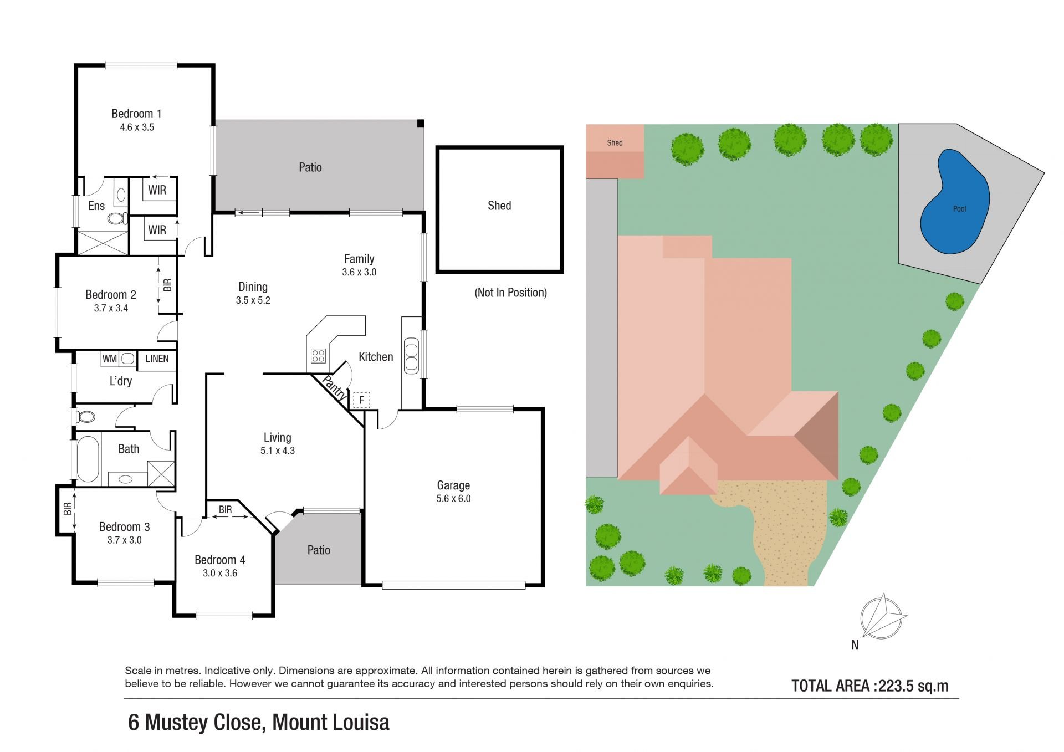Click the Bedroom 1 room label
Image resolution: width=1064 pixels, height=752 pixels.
pyautogui.click(x=136, y=114)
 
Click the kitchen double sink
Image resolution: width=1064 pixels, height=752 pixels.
pyautogui.click(x=411, y=356)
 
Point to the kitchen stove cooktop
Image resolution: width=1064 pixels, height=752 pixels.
pyautogui.click(x=318, y=356)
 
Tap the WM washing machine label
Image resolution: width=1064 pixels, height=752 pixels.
pyautogui.click(x=109, y=359)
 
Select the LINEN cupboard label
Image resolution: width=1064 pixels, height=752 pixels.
pyautogui.click(x=157, y=359)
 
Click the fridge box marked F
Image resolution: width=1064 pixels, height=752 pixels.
pyautogui.click(x=361, y=400)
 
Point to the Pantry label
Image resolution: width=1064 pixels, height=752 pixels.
pyautogui.click(x=334, y=388)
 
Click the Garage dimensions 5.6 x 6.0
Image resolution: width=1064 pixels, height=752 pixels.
pyautogui.click(x=453, y=498)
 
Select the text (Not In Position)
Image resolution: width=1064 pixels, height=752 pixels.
pyautogui.click(x=510, y=293)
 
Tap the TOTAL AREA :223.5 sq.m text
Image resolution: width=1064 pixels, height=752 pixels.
pyautogui.click(x=869, y=686)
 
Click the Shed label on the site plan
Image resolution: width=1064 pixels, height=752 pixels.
pyautogui.click(x=615, y=142)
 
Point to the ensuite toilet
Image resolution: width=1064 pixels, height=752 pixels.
pyautogui.click(x=117, y=218)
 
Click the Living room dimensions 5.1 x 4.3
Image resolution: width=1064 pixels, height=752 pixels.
pyautogui.click(x=278, y=451)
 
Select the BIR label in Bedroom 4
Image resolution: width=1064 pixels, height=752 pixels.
pyautogui.click(x=225, y=509)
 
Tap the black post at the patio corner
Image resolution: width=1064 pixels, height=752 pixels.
pyautogui.click(x=421, y=123)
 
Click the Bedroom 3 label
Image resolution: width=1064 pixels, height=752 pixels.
pyautogui.click(x=124, y=526)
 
